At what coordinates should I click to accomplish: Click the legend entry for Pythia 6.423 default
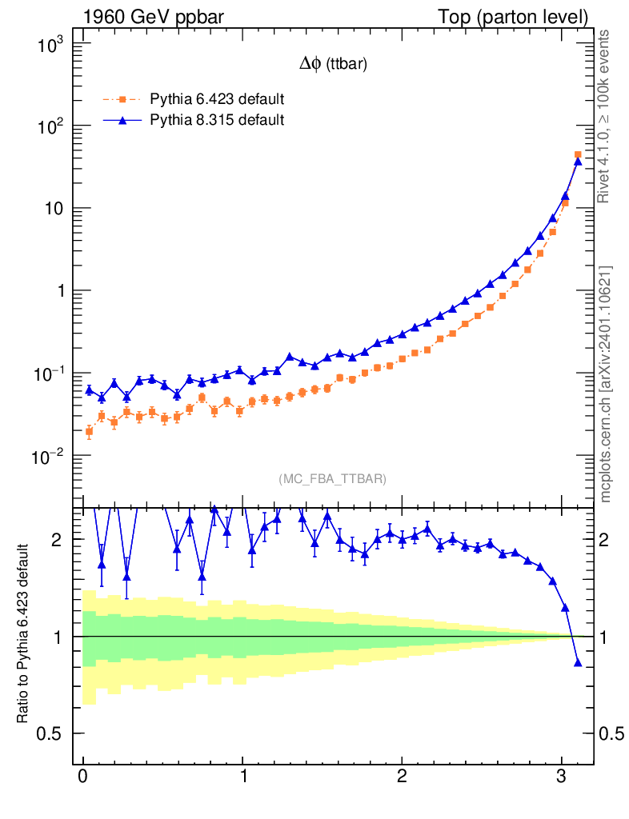point(217,100)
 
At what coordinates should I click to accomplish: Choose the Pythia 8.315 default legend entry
point(217,120)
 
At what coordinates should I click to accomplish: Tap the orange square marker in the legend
point(122,100)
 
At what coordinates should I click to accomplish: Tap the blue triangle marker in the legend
point(122,120)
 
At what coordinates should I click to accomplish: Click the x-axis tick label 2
point(402,778)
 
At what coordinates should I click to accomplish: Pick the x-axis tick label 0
point(82,778)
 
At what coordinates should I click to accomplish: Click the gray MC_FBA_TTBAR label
point(333,479)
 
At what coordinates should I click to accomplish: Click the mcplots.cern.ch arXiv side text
point(606,384)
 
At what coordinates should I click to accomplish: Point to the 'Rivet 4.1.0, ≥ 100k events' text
point(606,116)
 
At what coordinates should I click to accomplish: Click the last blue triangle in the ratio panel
point(578,662)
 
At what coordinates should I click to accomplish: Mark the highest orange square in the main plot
point(578,154)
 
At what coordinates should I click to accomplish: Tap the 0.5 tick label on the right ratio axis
point(613,733)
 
